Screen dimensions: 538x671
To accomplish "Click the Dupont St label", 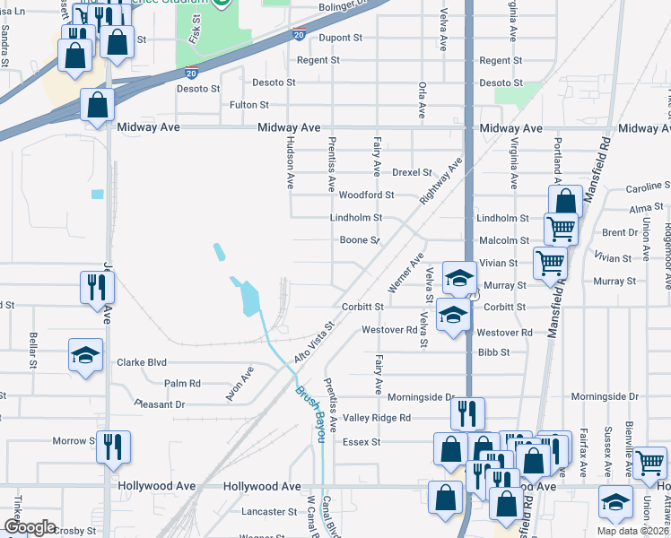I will [341, 38].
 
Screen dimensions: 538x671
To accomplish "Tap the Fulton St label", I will [249, 105].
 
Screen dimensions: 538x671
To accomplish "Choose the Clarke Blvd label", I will [142, 363].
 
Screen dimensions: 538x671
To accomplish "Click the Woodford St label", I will [367, 195].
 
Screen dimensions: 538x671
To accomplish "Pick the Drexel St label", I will [413, 172].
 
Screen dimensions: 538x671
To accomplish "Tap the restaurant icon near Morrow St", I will [114, 447].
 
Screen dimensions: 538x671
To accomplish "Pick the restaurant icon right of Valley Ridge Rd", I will [467, 413].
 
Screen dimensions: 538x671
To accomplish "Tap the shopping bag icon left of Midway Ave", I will [97, 105].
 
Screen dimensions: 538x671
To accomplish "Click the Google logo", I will [30, 528].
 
